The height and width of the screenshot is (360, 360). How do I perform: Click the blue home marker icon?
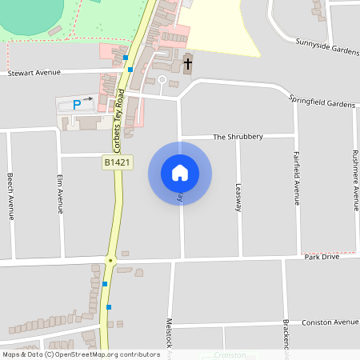180,173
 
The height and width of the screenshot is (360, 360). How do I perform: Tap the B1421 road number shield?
117,162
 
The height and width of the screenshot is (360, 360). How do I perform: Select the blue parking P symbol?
78,104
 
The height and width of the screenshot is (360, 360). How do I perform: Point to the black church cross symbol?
189,63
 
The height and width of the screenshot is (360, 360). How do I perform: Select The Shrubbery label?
238,137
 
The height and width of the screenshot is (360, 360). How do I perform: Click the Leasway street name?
238,197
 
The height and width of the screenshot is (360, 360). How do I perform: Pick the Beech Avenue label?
10,194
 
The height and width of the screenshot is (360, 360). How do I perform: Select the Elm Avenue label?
60,195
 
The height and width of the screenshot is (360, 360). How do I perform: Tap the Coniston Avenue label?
330,322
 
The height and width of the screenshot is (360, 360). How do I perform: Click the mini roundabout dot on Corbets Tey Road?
110,260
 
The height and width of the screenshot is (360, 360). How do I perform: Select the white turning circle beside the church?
162,80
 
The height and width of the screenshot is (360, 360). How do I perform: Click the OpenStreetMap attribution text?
80,354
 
